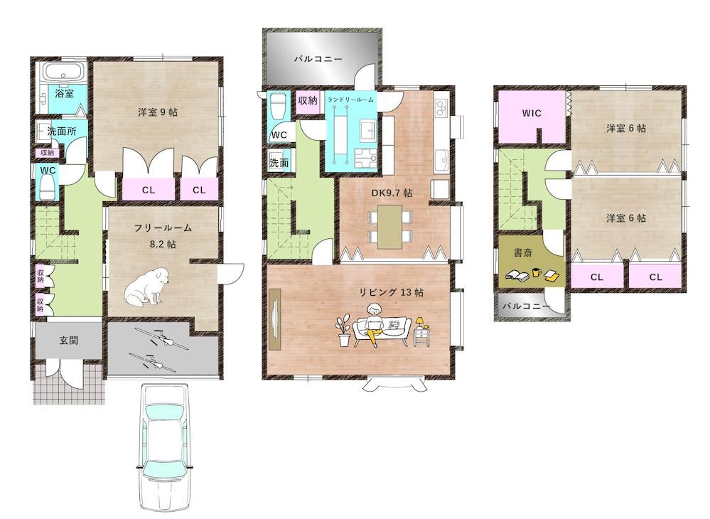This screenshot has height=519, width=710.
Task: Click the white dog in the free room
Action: (148, 287)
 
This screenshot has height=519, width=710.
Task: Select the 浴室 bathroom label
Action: (64, 93)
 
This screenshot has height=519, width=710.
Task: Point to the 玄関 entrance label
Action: (68, 341)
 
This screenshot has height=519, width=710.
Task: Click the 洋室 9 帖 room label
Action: (157, 112)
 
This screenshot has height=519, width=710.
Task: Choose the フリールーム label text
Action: (163, 228)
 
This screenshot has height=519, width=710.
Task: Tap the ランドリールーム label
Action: (350, 100)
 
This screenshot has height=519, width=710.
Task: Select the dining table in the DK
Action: (389, 226)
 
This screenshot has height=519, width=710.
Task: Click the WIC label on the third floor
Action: (532, 113)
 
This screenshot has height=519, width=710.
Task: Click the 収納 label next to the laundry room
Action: (308, 100)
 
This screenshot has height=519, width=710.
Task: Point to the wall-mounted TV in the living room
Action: (276, 321)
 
